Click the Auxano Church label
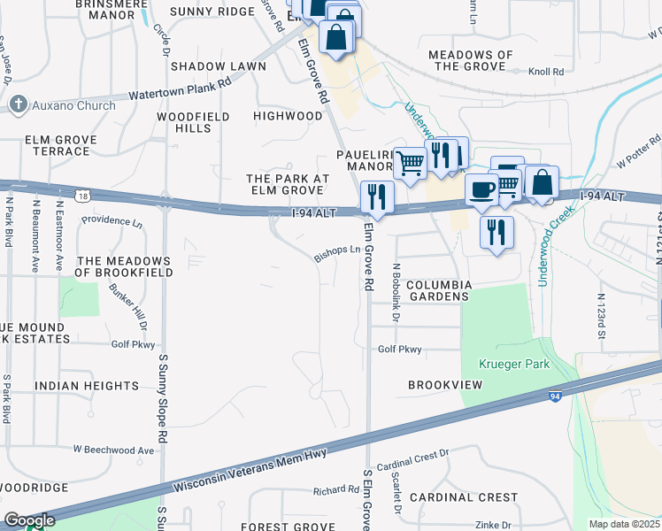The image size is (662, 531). click(x=73, y=105)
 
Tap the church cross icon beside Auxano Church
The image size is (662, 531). click(x=18, y=105)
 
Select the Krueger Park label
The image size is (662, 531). click(x=514, y=364)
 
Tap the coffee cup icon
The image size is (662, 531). click(x=482, y=189)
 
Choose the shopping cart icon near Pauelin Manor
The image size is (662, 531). click(x=410, y=162)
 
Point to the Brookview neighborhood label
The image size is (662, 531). click(x=445, y=385)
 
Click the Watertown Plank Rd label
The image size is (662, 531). click(x=180, y=88)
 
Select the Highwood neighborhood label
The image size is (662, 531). click(x=288, y=116)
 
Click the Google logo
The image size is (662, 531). click(x=29, y=520)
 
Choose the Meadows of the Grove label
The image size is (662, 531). click(x=470, y=60)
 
